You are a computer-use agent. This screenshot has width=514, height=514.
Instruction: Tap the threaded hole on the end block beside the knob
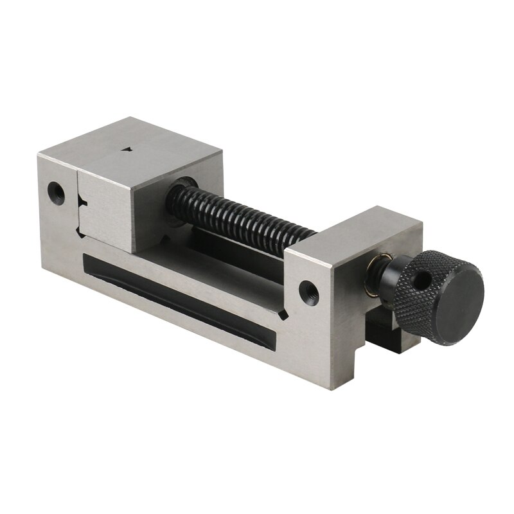click(309, 287)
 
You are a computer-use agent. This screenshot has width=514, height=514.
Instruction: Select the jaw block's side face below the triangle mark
click(106, 206)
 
